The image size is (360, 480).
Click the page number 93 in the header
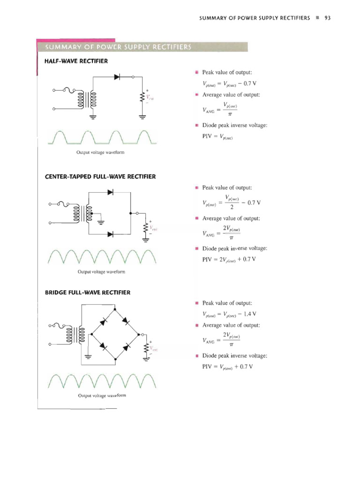click(328, 18)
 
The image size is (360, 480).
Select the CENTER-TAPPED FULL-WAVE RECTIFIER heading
click(100, 177)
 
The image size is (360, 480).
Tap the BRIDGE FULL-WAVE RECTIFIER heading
click(87, 292)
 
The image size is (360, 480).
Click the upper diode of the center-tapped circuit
click(110, 192)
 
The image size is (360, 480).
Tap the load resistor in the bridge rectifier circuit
click(146, 349)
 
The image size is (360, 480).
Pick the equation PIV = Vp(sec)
click(218, 137)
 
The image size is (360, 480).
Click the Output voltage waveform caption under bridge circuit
click(102, 395)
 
